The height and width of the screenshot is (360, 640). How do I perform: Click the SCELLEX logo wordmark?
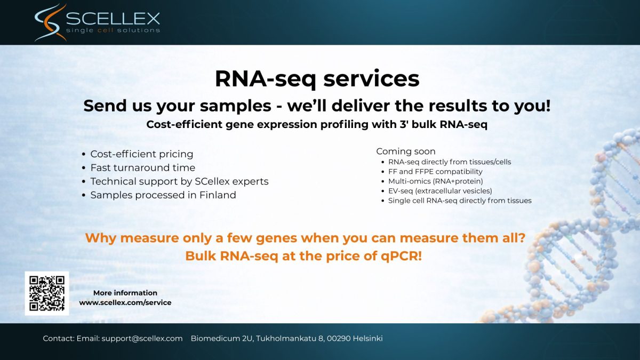(113, 19)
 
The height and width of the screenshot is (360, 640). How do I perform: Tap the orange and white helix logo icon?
(51, 22)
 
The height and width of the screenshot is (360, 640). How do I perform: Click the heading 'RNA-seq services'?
(317, 79)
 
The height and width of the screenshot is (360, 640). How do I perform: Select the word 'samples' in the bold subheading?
(235, 106)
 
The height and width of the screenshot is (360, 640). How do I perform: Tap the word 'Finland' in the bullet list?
(218, 195)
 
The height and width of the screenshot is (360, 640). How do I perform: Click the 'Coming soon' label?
(406, 151)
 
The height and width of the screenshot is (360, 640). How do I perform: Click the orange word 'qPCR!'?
(401, 257)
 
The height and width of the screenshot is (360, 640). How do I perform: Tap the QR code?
(47, 293)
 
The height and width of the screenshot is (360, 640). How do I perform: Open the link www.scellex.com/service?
(125, 302)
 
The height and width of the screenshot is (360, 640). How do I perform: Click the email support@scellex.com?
(142, 339)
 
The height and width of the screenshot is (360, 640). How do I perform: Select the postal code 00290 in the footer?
(339, 339)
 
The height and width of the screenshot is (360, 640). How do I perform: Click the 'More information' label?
(125, 293)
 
